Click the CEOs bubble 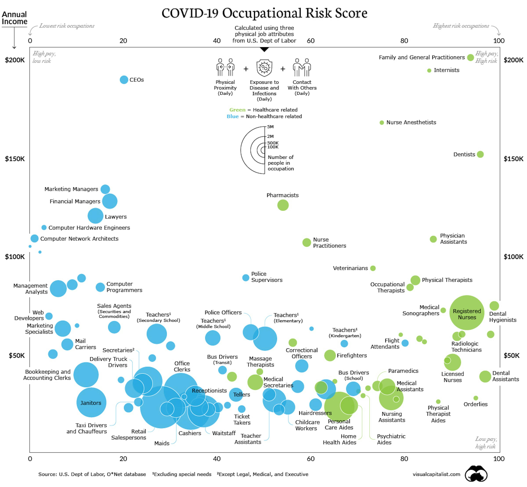(x=124, y=80)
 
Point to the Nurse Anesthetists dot (x=382, y=123)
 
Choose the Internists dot (x=429, y=70)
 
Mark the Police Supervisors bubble (x=246, y=277)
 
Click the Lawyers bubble (x=95, y=216)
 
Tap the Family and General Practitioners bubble (x=470, y=57)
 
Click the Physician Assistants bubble (x=433, y=239)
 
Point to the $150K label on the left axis (x=15, y=159)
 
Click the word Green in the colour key (x=237, y=110)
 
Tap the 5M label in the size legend (x=270, y=127)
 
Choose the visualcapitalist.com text (x=436, y=474)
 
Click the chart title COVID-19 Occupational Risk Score (x=264, y=13)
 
